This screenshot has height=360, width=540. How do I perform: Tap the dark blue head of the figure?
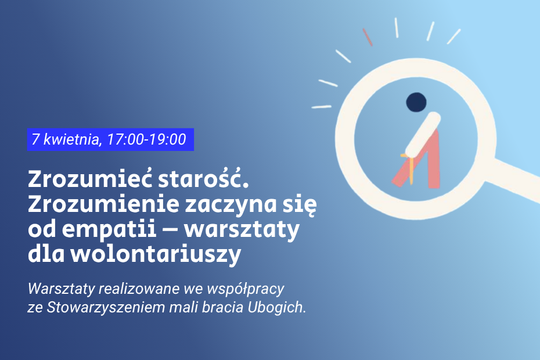416,102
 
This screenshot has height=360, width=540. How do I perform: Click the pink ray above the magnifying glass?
368,37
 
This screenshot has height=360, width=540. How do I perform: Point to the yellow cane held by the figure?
411,168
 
